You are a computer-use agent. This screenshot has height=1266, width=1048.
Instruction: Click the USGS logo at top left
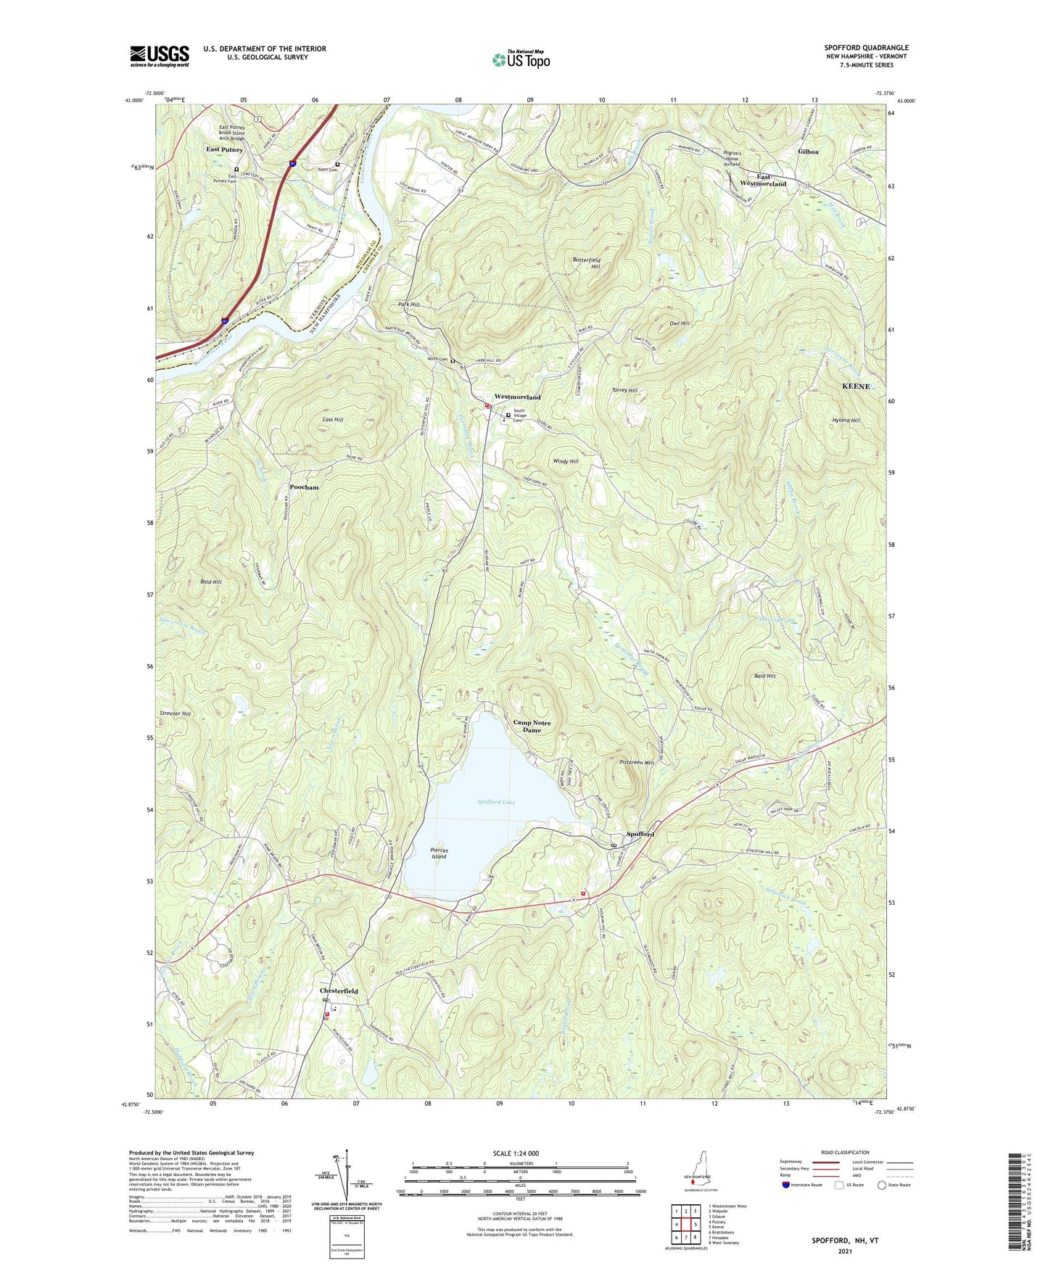pos(159,56)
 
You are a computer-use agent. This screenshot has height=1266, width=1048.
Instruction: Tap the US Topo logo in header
pos(520,59)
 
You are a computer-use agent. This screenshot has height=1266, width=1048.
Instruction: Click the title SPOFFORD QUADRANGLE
pos(866,48)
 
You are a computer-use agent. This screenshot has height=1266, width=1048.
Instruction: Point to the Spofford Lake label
pos(496,801)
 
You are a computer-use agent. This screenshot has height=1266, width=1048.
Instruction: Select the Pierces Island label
pos(439,853)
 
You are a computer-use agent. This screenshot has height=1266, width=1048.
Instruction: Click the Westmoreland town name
pos(517,397)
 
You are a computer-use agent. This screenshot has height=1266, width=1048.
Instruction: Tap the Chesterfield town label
pos(339,990)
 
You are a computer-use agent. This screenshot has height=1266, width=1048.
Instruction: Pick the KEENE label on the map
pos(855,386)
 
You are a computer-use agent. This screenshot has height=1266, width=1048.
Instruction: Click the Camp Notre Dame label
pos(532,726)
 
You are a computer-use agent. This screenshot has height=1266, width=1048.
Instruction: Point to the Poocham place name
pos(304,487)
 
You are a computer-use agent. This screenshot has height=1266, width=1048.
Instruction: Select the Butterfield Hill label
pos(586,262)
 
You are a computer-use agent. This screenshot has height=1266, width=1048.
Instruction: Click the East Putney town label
pos(224,149)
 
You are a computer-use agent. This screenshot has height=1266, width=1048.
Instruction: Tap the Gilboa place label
pos(808,152)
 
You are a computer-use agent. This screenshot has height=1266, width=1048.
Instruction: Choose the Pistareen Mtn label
pos(637,762)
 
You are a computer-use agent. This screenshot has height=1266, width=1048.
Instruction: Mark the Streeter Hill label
pos(175,713)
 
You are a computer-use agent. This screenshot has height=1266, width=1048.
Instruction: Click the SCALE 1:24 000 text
pos(516,1153)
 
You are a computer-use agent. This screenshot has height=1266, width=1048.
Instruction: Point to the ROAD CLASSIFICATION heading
pos(845,1152)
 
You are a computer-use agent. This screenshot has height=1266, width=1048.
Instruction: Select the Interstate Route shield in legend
pos(787,1185)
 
